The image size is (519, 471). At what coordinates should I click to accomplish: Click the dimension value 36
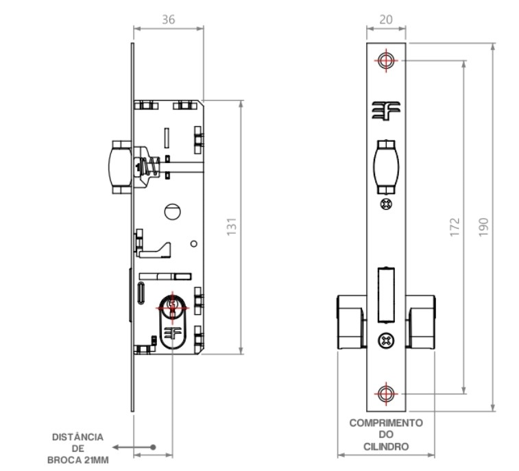[x=168, y=20]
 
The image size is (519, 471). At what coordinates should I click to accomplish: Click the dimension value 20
[x=386, y=20]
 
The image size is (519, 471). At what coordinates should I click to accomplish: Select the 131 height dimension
[x=232, y=227]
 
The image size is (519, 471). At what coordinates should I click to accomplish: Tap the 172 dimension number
[x=455, y=227]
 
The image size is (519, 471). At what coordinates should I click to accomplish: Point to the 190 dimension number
[x=483, y=227]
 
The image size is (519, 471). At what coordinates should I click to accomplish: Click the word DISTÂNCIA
[x=77, y=437]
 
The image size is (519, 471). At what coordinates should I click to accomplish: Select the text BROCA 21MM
[x=78, y=460]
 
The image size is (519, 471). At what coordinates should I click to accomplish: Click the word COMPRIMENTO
[x=386, y=423]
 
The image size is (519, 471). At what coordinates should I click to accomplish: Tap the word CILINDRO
[x=386, y=447]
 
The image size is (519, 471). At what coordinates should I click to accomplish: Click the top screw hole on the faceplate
[x=386, y=60]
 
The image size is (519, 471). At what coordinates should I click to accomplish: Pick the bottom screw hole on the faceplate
[x=386, y=394]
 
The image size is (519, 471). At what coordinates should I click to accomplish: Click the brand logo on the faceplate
[x=386, y=110]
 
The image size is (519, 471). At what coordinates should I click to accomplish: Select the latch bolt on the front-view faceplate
[x=386, y=167]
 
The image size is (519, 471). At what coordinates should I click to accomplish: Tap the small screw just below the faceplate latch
[x=386, y=204]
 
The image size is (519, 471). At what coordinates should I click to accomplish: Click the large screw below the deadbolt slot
[x=386, y=341]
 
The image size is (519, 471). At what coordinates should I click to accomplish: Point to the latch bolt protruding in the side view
[x=120, y=167]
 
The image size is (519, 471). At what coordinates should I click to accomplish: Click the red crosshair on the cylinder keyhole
[x=172, y=308]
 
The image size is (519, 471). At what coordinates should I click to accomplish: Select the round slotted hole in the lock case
[x=173, y=211]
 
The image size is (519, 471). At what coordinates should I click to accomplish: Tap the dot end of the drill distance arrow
[x=153, y=447]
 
